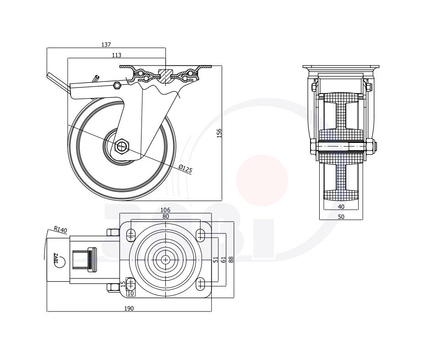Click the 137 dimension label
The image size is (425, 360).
point(106,45)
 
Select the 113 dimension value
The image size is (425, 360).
point(116,55)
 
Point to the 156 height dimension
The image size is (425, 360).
point(219,133)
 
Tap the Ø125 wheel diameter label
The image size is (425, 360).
point(185,169)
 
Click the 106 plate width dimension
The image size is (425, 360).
point(165,210)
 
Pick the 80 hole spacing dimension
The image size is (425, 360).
point(166,216)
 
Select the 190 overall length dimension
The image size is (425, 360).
point(129,308)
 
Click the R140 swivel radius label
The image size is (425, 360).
point(60,229)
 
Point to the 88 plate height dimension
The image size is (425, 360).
point(231,260)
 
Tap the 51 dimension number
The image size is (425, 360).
point(216,260)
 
